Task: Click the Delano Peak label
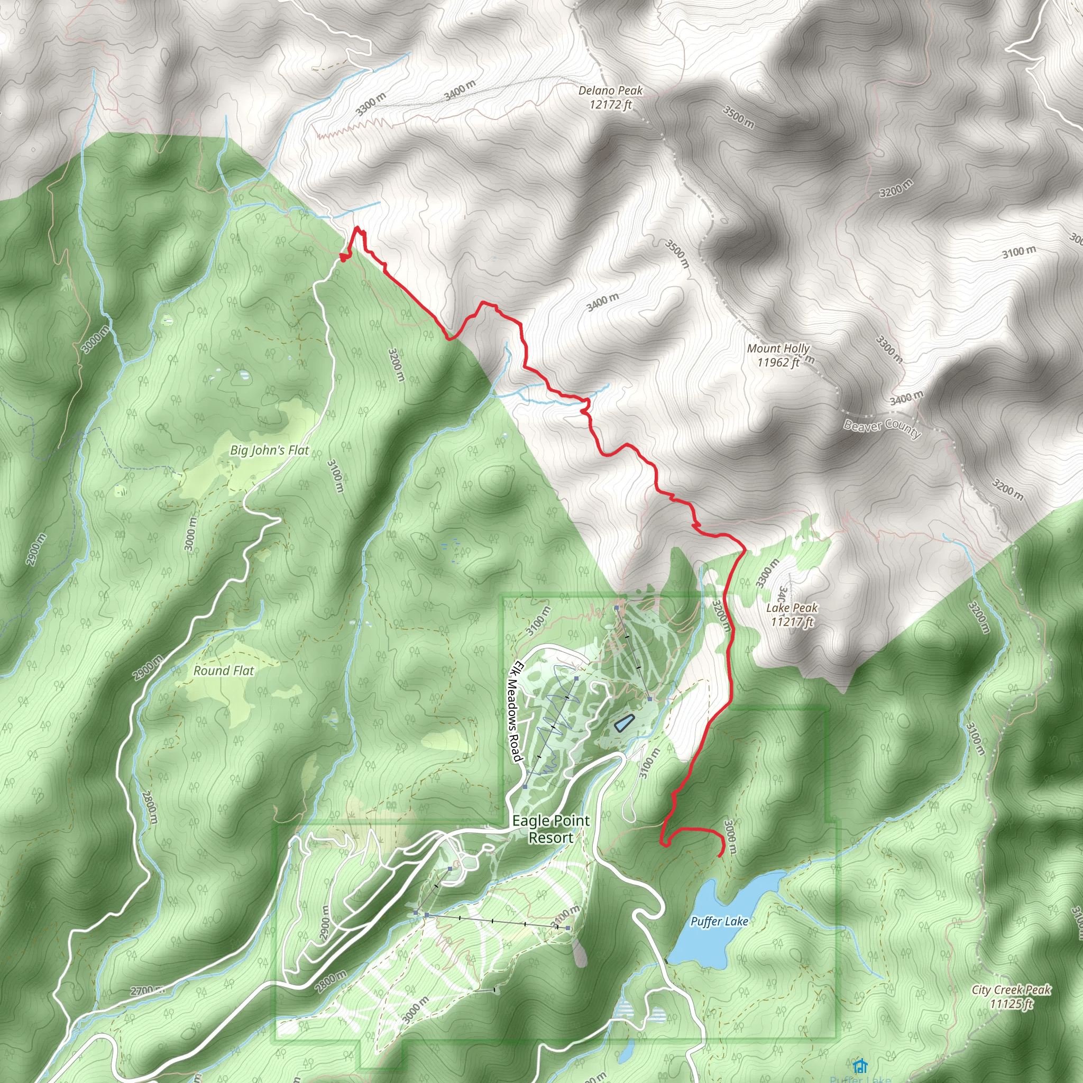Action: pyautogui.click(x=610, y=97)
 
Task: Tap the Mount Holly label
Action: pyautogui.click(x=778, y=355)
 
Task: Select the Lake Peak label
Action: pyautogui.click(x=792, y=614)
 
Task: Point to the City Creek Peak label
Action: pyautogui.click(x=1011, y=997)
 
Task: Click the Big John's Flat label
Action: pyautogui.click(x=269, y=450)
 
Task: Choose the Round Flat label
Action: pyautogui.click(x=223, y=671)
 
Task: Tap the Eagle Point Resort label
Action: pyautogui.click(x=550, y=829)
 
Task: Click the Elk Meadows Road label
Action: pyautogui.click(x=515, y=712)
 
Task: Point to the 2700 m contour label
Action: pyautogui.click(x=148, y=990)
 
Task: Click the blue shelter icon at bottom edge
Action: pyautogui.click(x=859, y=1065)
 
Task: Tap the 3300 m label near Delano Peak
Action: pyautogui.click(x=371, y=104)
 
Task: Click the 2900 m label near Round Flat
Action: pyautogui.click(x=148, y=667)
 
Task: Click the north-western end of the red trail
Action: pyautogui.click(x=343, y=258)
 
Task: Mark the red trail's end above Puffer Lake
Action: pyautogui.click(x=719, y=856)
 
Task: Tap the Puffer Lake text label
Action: pyautogui.click(x=719, y=922)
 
